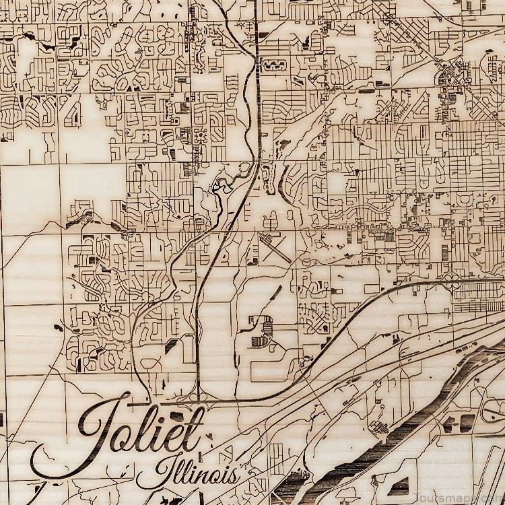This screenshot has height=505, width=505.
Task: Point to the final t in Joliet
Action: pos(195,428)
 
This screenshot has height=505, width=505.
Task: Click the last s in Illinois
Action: pos(232,475)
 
